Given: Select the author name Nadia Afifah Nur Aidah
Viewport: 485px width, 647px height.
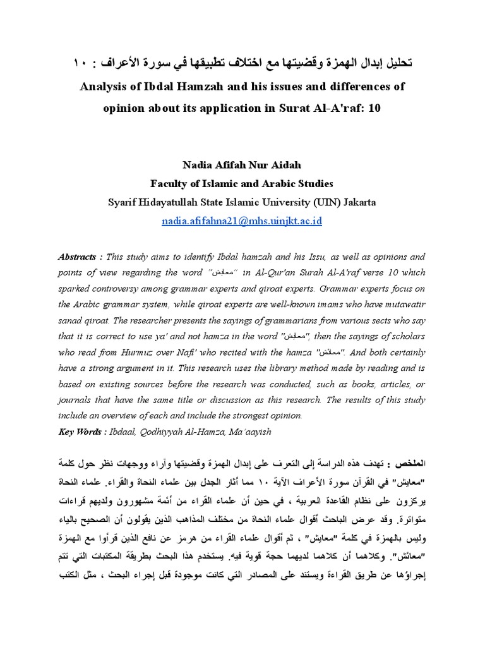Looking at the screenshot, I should [x=242, y=166].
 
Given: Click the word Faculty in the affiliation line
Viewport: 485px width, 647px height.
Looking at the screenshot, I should [x=171, y=184].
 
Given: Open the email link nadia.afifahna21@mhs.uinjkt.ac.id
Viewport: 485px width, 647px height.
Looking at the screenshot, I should [x=242, y=222].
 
